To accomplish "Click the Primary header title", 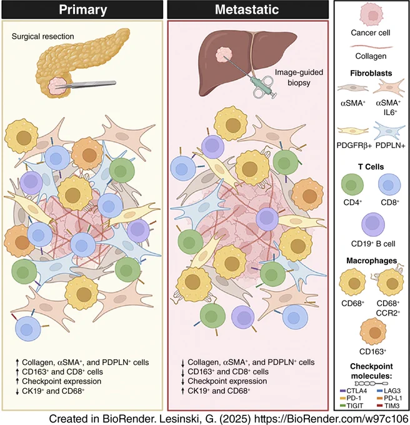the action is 83,9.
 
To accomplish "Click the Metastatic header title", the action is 247,9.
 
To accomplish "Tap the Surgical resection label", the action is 43,36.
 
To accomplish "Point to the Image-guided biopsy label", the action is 299,77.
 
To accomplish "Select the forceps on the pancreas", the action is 86,84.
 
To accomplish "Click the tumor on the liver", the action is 224,56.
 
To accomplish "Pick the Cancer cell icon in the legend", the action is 371,15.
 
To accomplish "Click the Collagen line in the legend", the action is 371,47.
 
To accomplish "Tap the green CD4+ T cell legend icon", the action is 352,185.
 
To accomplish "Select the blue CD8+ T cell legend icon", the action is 389,185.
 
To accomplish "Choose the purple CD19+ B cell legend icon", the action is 373,225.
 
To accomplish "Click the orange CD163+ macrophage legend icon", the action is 373,332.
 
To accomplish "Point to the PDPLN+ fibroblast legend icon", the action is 389,131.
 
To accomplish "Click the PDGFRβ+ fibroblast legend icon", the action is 353,131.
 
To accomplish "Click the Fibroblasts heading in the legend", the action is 371,73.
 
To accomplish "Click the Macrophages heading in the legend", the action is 371,261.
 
